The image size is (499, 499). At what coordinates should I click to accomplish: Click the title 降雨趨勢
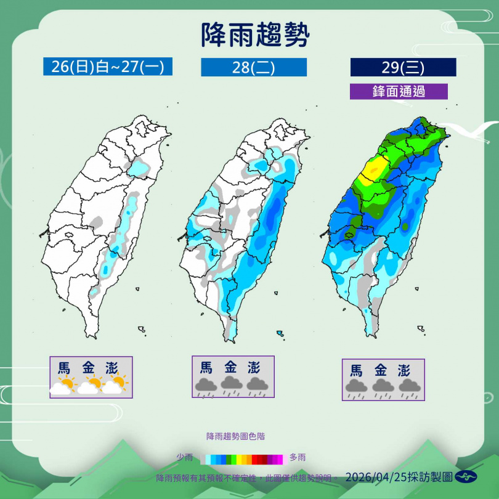(x=255, y=36)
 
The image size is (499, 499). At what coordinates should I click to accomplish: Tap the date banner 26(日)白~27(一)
(x=108, y=67)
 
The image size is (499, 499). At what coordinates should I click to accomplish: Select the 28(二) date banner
(x=253, y=67)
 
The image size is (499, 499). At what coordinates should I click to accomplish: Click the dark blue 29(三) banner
(x=403, y=67)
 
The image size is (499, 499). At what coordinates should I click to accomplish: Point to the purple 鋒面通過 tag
(x=398, y=91)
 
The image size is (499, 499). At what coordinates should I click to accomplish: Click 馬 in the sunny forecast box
(x=64, y=368)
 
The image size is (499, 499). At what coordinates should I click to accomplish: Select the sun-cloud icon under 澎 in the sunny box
(x=116, y=385)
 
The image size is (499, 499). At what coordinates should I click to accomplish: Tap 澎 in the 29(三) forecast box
(x=404, y=371)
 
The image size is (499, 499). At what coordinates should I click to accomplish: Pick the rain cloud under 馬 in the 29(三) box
(x=355, y=387)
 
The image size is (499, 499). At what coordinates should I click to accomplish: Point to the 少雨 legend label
(x=185, y=458)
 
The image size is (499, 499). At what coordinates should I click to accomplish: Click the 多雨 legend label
(x=298, y=458)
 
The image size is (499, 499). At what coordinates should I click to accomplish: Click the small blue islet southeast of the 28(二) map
(x=280, y=333)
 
